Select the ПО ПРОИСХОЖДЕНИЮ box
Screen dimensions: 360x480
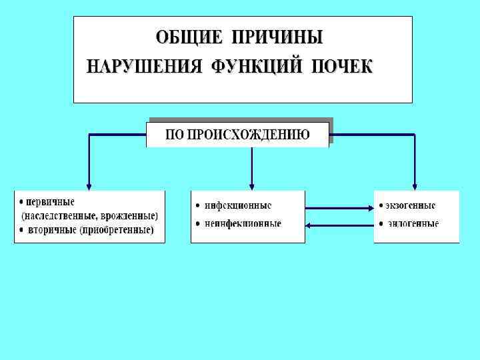click(238, 134)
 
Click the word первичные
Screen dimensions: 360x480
click(50, 201)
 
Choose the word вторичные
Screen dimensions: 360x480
click(51, 231)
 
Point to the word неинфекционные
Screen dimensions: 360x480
click(243, 223)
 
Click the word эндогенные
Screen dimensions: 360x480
click(413, 223)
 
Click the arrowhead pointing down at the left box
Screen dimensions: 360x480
click(89, 186)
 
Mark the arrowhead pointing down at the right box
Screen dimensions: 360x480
click(415, 186)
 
